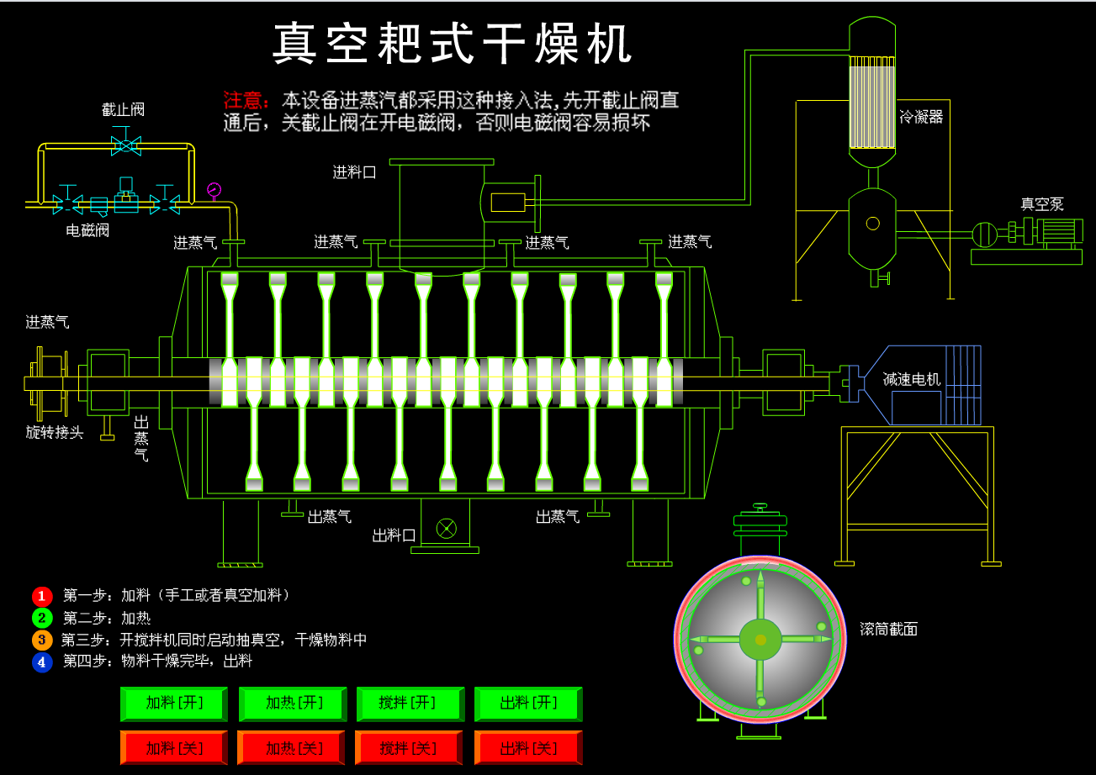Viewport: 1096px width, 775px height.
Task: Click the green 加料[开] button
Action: click(x=174, y=704)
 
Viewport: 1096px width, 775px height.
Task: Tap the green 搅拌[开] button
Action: click(x=410, y=704)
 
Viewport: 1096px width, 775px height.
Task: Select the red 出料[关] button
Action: click(x=528, y=747)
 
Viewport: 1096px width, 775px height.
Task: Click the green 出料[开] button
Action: click(x=528, y=704)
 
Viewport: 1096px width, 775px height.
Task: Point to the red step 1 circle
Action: click(x=42, y=596)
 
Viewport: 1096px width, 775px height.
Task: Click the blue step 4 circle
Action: click(x=42, y=662)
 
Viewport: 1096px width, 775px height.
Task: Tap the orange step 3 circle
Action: click(x=42, y=640)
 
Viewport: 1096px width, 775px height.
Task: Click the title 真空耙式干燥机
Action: click(x=453, y=45)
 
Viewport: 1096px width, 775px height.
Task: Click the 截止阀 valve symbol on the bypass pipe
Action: click(x=125, y=145)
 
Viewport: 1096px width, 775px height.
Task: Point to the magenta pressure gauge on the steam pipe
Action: click(x=214, y=189)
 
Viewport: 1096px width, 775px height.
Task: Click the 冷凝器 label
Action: click(x=921, y=117)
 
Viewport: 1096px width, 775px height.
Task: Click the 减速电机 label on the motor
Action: click(x=912, y=379)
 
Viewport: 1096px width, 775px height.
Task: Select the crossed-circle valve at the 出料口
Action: click(x=446, y=528)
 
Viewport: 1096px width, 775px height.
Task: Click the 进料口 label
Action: click(x=354, y=172)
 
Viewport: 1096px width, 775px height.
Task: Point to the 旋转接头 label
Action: click(x=55, y=433)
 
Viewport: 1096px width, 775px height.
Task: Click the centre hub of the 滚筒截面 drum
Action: click(x=760, y=640)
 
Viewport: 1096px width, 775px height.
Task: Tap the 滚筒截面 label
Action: click(x=888, y=629)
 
